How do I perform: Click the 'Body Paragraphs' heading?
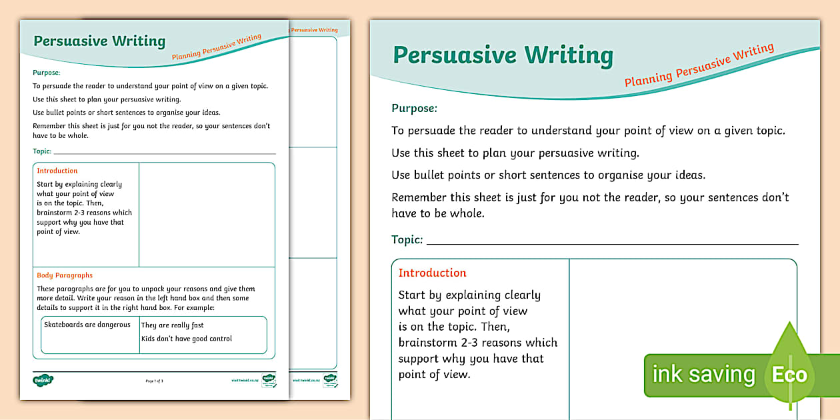coord(65,275)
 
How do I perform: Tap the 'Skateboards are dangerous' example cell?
coord(87,325)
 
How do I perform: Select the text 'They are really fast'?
coord(172,325)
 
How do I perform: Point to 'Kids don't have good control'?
coord(186,339)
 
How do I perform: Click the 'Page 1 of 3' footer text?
coord(154,381)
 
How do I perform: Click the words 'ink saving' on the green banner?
coord(703,374)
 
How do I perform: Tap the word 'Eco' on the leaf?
coord(789,375)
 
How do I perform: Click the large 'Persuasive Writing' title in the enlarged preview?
coord(503,55)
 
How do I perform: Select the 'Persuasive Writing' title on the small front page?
coord(99,41)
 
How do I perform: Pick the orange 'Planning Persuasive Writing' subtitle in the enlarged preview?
coord(699,65)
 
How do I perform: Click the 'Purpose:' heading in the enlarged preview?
coord(414,108)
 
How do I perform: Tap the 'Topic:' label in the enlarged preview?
coord(407,239)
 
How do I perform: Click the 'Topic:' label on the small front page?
coord(42,151)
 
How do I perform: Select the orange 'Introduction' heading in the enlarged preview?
coord(432,273)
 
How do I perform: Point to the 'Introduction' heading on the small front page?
coord(57,171)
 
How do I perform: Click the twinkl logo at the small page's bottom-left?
coord(43,380)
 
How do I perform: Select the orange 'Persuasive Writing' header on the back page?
coord(314,30)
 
